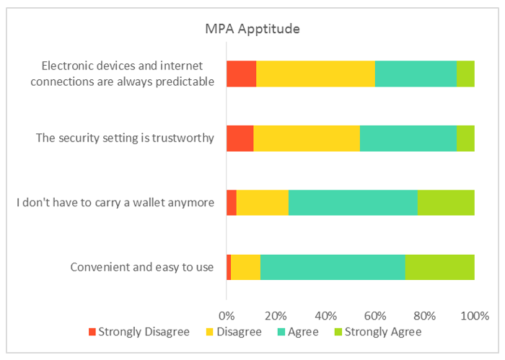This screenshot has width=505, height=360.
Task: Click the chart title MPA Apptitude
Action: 252,30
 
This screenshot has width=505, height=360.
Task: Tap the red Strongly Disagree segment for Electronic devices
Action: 241,74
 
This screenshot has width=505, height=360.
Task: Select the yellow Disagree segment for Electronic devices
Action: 315,74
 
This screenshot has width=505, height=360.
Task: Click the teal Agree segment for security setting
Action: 408,138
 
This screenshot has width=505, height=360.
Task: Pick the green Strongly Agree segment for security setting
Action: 465,138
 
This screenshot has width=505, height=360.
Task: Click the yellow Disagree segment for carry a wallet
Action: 262,202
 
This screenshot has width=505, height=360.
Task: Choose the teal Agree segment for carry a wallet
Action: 353,202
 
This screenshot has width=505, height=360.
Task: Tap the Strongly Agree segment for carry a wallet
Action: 446,202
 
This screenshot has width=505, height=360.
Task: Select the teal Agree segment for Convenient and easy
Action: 333,267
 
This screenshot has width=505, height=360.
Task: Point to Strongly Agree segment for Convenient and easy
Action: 439,267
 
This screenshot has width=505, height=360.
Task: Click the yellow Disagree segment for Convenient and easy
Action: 245,267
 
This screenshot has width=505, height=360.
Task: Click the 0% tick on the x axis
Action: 227,315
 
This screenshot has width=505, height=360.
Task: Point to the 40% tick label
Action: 326,315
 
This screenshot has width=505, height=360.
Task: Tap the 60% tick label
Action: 375,315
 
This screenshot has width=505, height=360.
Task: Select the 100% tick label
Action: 474,315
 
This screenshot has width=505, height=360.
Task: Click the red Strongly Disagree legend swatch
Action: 92,332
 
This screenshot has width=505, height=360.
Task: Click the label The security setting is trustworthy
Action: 126,138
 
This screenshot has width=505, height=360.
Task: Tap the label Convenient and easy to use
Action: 142,267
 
